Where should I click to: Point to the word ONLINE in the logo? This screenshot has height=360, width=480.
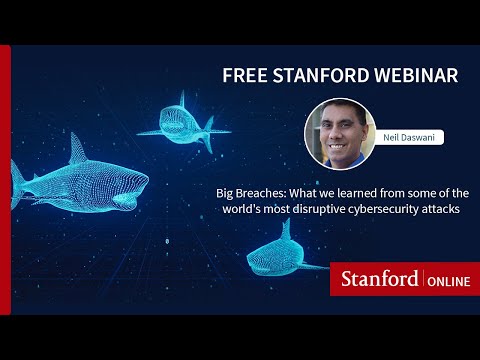click(446, 278)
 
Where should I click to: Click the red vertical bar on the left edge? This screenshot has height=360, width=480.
click(5, 180)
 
